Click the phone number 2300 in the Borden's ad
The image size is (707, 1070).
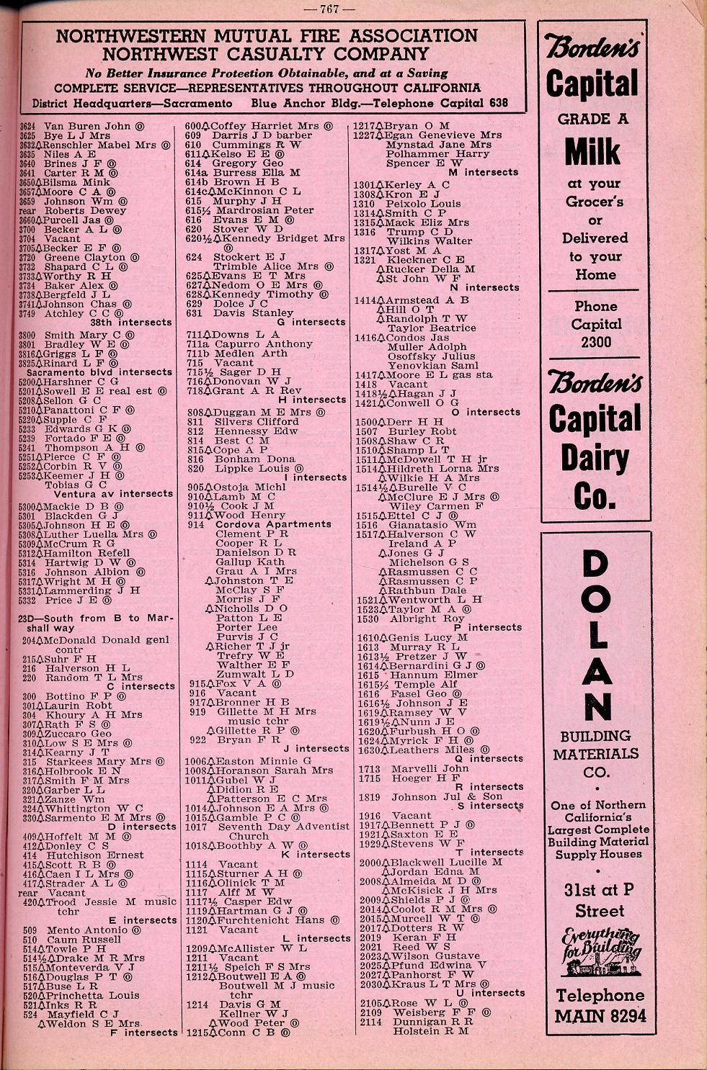click(596, 342)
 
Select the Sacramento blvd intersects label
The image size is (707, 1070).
click(99, 372)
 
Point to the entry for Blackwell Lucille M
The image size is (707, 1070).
click(445, 862)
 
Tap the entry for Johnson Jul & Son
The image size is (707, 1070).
click(446, 796)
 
